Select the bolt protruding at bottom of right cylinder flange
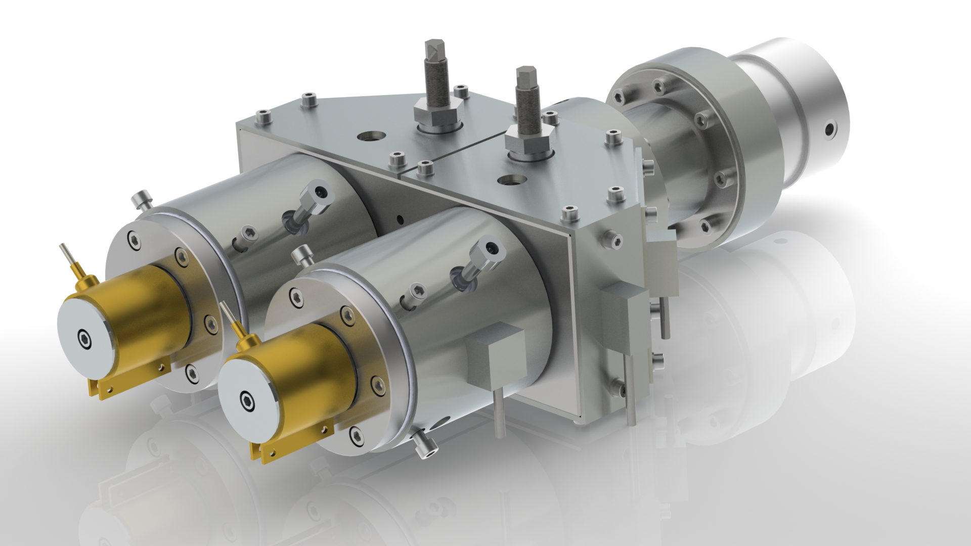pos(424,447)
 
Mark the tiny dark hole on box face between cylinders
pos(401,219)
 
